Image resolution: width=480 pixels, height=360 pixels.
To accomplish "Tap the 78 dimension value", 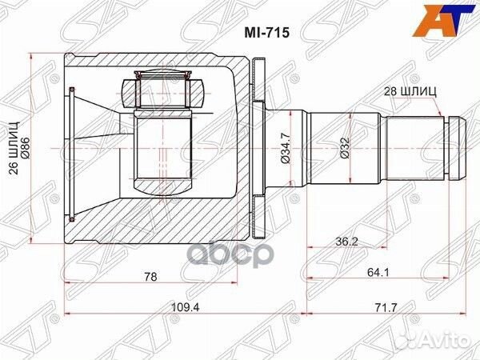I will pyautogui.click(x=149, y=277).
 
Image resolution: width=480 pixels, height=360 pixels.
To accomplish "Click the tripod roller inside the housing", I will pyautogui.click(x=163, y=152).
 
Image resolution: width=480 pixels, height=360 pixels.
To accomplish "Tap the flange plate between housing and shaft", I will pyautogui.click(x=257, y=149).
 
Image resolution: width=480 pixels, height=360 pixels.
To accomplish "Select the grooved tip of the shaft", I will pyautogui.click(x=455, y=148).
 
